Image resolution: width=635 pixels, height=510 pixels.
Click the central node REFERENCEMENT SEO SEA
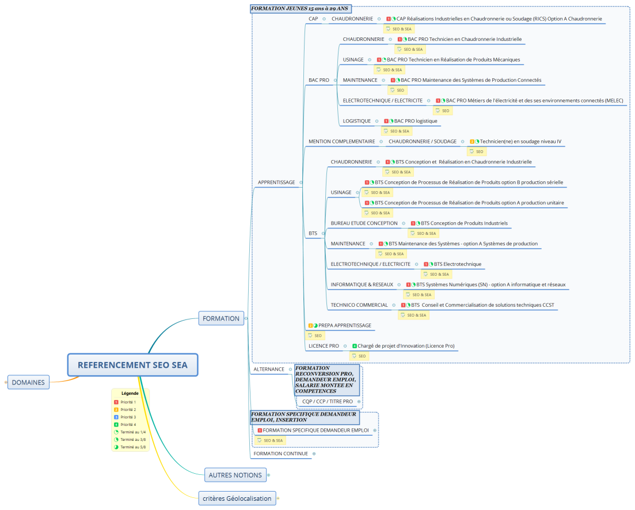[x=132, y=365]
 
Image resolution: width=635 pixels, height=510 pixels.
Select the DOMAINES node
[x=28, y=382]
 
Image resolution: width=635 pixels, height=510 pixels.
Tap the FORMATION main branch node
[x=220, y=318]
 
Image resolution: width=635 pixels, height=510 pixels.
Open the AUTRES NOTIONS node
[x=235, y=475]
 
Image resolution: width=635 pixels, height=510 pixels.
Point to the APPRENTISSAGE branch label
[x=276, y=182]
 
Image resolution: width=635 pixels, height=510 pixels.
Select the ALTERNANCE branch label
[x=269, y=369]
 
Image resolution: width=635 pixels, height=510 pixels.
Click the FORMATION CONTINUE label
[x=280, y=454]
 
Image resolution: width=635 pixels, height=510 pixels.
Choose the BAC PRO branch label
[x=318, y=80]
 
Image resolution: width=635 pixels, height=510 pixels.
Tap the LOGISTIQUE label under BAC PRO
[x=356, y=121]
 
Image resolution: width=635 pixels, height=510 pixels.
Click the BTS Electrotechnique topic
[x=458, y=264]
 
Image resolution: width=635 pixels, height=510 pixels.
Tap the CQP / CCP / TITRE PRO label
[x=327, y=401]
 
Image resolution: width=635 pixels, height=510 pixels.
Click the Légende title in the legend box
[x=130, y=393]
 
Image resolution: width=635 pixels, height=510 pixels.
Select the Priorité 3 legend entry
[x=128, y=417]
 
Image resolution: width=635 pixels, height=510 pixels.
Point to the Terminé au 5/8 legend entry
[x=132, y=447]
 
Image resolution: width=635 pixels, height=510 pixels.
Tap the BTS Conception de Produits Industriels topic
[x=464, y=223]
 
